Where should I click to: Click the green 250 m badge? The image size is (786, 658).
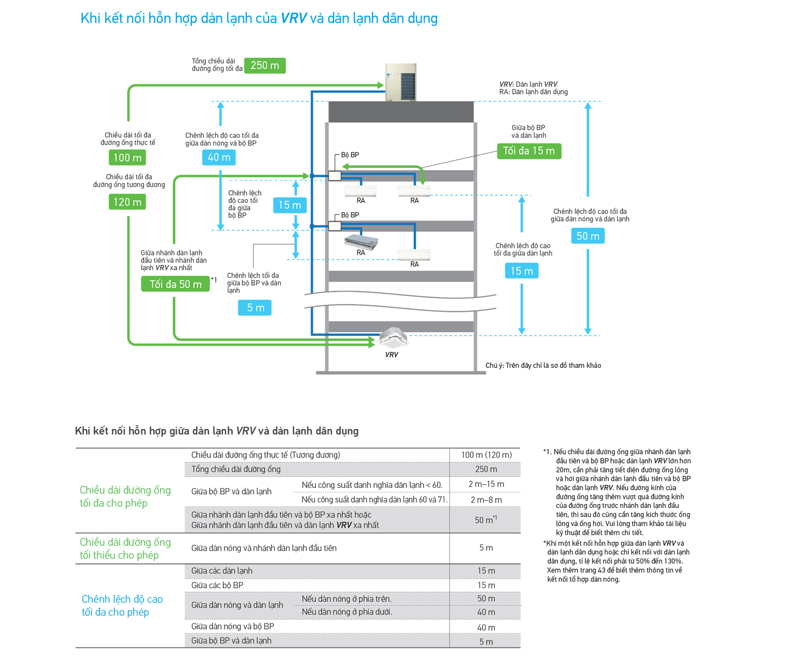pos(265,66)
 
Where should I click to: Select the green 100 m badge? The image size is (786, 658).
pos(127,157)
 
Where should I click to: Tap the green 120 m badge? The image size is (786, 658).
pos(127,202)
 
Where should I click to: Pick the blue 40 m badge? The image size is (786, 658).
pos(218,157)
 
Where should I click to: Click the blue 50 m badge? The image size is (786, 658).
pos(588,236)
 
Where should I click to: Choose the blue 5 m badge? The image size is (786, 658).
pos(255,307)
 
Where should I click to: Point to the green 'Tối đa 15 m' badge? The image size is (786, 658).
pos(529,151)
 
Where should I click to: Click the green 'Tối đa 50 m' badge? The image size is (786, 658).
pos(176,284)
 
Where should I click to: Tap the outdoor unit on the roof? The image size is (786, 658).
pos(401,82)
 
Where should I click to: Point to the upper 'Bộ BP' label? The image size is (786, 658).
pos(350,154)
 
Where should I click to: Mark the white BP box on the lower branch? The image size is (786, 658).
pos(335,226)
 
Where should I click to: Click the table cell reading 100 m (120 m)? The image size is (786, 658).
pos(486,455)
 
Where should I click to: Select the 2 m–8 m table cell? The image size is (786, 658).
pos(486,500)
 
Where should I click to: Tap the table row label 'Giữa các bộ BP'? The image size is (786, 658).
pos(217,585)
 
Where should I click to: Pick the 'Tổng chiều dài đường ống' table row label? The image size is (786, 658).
pos(236,469)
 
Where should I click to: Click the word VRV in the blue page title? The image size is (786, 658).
pos(293,18)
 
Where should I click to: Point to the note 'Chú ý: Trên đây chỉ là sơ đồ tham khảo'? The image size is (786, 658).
pos(543,365)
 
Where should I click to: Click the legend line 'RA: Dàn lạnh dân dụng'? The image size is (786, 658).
pos(534,92)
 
